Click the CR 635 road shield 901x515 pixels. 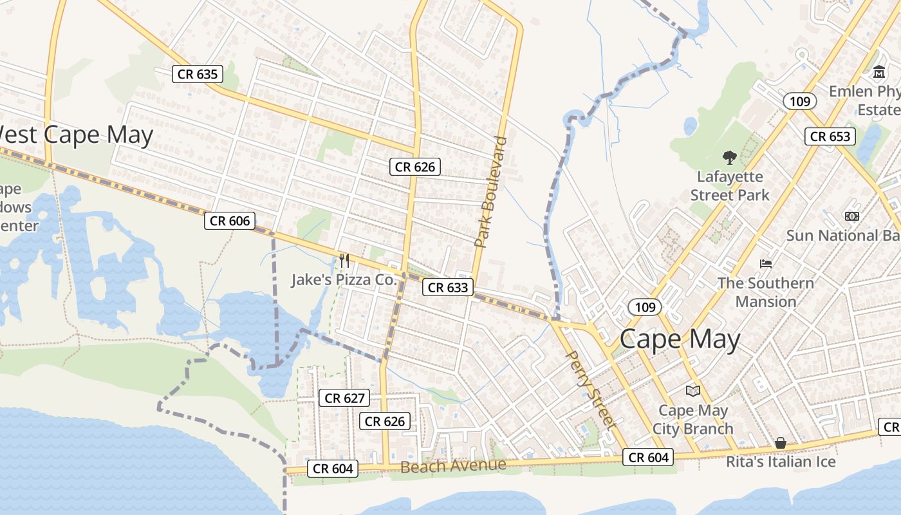click(x=198, y=74)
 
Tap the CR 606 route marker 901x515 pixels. click(x=230, y=221)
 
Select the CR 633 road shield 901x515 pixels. click(x=448, y=287)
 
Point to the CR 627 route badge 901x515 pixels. click(x=345, y=398)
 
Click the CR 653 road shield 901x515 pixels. click(x=830, y=136)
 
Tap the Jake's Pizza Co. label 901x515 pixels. click(x=344, y=280)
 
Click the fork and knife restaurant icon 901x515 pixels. click(x=344, y=261)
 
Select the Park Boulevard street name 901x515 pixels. click(x=491, y=192)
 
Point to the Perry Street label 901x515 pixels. click(x=590, y=389)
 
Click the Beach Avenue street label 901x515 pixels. click(x=453, y=465)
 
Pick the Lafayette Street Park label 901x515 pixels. click(x=730, y=185)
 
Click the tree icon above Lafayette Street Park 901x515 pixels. click(x=730, y=157)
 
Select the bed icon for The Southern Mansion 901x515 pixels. click(x=766, y=263)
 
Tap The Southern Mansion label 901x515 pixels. click(x=766, y=292)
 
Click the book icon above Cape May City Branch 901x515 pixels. click(x=693, y=391)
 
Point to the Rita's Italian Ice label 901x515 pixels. click(x=781, y=462)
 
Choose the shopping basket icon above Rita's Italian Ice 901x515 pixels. click(x=781, y=443)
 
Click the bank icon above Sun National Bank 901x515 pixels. click(x=852, y=216)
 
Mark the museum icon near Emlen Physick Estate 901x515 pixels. click(x=880, y=72)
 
